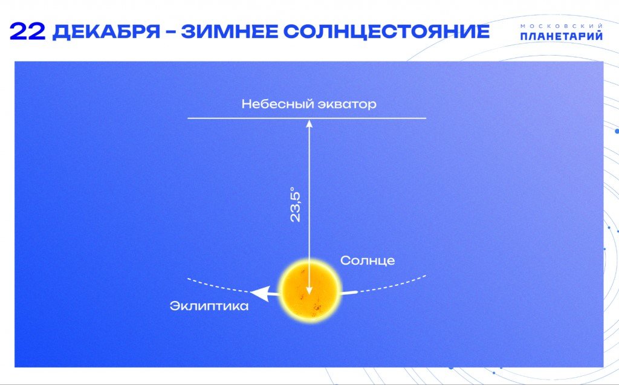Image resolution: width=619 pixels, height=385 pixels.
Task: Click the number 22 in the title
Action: pos(28,31)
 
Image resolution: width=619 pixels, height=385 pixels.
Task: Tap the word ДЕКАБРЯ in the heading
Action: pos(106,31)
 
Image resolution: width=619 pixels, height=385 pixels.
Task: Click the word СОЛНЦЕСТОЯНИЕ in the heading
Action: pos(386,31)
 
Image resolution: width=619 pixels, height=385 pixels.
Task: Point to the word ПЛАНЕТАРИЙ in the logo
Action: pos(562,36)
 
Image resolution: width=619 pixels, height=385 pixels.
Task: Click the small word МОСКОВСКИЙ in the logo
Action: pos(562,25)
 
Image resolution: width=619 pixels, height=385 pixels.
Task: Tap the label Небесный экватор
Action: pos(309,104)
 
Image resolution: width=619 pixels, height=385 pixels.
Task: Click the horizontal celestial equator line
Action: pos(306,118)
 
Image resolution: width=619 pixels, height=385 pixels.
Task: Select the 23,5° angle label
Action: pos(295,204)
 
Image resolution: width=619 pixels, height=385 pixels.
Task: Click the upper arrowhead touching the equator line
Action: pos(309,123)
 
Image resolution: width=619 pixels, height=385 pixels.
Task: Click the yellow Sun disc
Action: pos(309,291)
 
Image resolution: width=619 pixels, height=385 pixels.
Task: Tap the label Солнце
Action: pos(368,260)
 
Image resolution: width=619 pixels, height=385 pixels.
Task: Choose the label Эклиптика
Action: pos(209,306)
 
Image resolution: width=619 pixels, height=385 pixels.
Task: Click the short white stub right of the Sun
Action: pos(349,293)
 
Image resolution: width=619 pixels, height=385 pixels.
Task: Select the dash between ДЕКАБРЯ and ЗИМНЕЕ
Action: pos(170,32)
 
